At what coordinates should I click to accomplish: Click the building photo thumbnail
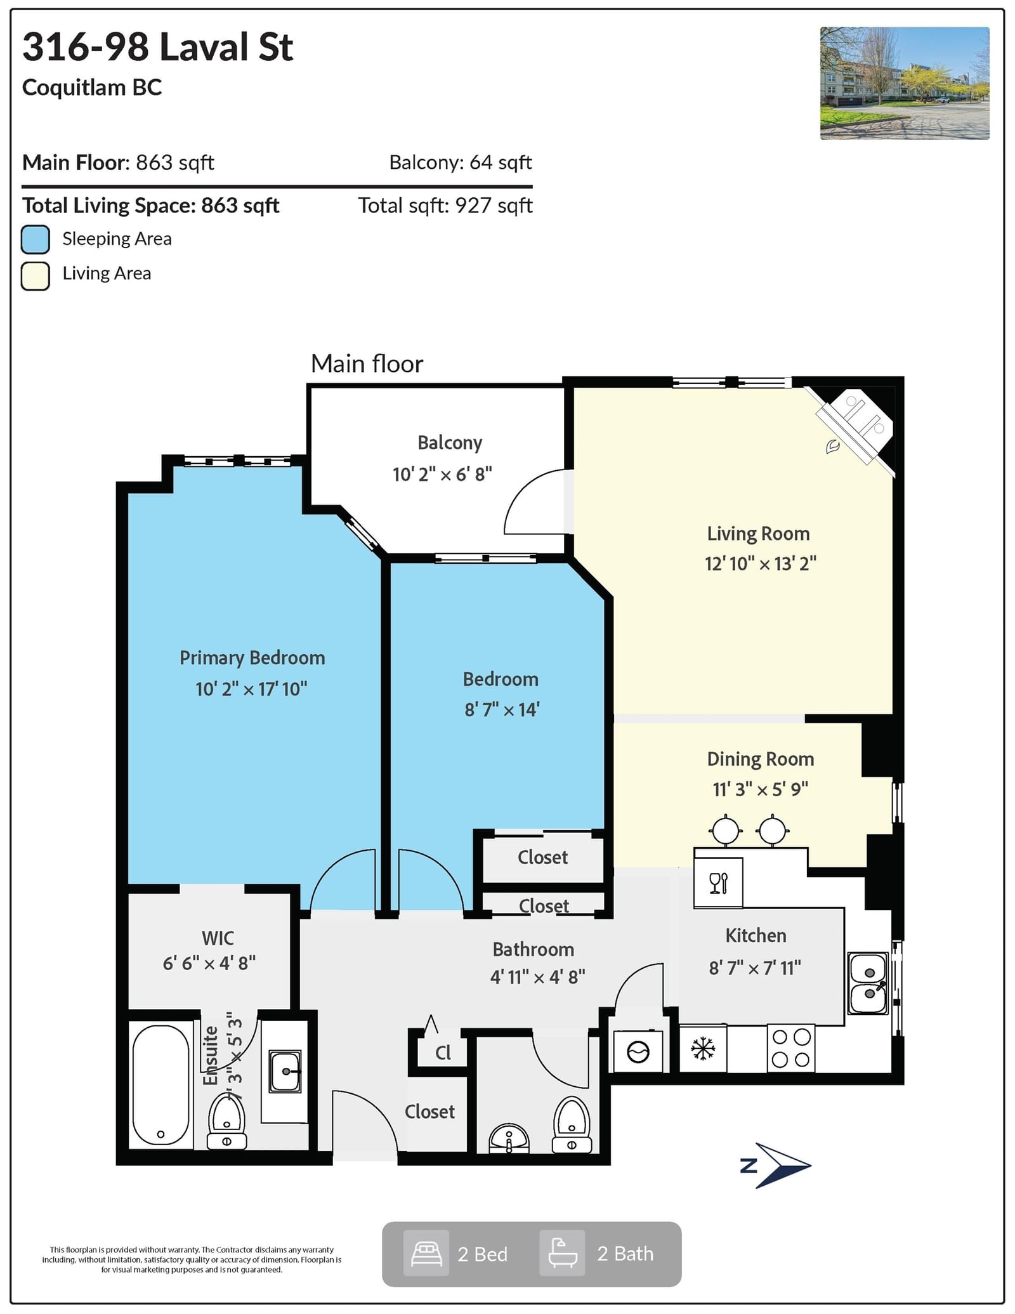pyautogui.click(x=905, y=83)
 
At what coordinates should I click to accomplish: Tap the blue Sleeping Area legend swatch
pyautogui.click(x=36, y=239)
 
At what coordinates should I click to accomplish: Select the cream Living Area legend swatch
pyautogui.click(x=36, y=276)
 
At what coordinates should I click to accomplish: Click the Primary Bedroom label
pyautogui.click(x=252, y=658)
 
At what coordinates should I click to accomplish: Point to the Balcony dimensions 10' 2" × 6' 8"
pyautogui.click(x=442, y=475)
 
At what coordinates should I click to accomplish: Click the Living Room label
pyautogui.click(x=759, y=534)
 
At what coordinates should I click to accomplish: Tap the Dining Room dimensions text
pyautogui.click(x=760, y=789)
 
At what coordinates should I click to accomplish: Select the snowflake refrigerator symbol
pyautogui.click(x=703, y=1049)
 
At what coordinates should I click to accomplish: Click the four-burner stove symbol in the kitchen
pyautogui.click(x=792, y=1049)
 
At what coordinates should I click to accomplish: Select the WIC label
pyautogui.click(x=218, y=938)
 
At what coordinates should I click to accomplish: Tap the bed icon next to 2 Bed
pyautogui.click(x=426, y=1254)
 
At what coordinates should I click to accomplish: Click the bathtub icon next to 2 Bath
pyautogui.click(x=562, y=1254)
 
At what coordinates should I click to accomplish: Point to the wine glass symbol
pyautogui.click(x=718, y=884)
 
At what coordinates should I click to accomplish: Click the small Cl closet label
pyautogui.click(x=443, y=1053)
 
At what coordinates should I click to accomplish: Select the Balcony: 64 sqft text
pyautogui.click(x=461, y=162)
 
